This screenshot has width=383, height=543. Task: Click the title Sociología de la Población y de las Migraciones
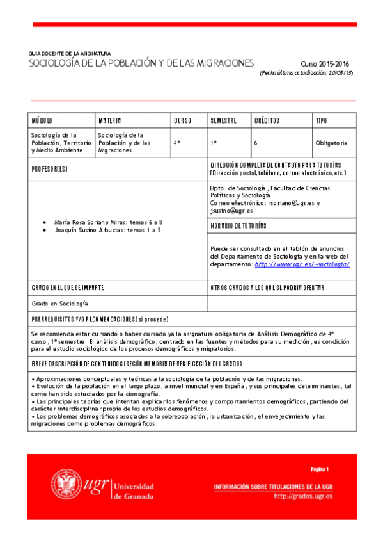click(141, 63)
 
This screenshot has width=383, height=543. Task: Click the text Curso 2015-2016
click(326, 64)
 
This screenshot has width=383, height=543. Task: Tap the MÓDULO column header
click(42, 120)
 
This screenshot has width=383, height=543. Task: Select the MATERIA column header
click(110, 120)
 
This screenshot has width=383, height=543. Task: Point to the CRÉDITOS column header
click(267, 120)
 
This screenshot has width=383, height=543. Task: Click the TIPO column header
click(321, 120)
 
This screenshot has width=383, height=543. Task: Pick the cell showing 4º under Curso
click(177, 143)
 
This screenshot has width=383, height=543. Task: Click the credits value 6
click(255, 143)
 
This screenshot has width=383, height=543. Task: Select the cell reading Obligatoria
click(331, 143)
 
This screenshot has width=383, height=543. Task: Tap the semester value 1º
click(214, 143)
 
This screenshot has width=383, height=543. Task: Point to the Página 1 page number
click(318, 469)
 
